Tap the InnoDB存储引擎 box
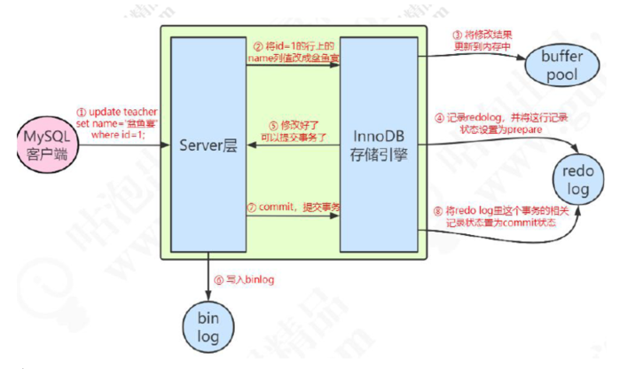[379, 144]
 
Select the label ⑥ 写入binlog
[241, 280]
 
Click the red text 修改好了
[296, 127]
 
